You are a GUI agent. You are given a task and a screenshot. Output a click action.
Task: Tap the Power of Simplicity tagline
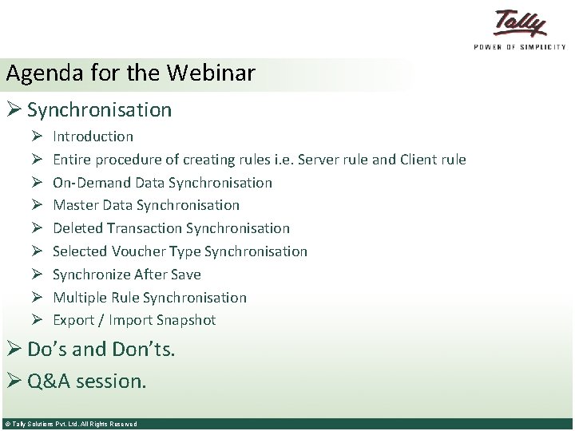pos(520,47)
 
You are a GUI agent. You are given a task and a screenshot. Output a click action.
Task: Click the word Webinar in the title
pos(211,73)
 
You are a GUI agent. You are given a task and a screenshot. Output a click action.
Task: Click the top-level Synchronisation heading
pos(99,109)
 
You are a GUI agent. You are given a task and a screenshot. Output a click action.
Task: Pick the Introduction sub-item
pos(93,136)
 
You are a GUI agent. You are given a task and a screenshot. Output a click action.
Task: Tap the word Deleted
pos(77,228)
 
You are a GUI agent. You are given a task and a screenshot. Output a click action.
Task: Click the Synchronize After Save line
pos(126,275)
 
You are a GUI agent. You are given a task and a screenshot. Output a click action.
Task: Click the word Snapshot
pos(185,320)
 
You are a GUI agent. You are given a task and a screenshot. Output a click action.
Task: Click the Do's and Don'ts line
pos(101,349)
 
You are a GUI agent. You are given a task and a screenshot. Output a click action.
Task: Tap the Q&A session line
pos(86,381)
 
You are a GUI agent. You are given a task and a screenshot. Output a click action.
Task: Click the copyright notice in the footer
pos(70,425)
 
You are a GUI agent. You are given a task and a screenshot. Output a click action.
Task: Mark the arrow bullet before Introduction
pos(37,136)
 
